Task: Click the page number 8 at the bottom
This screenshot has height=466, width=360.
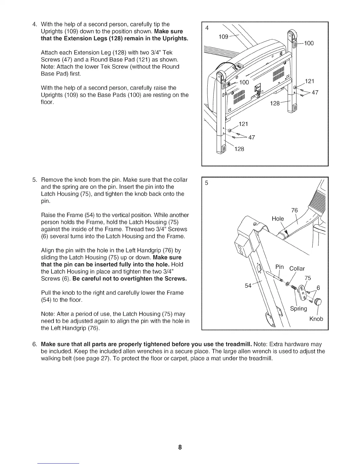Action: (x=180, y=447)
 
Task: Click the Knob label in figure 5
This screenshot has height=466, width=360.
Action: (x=316, y=319)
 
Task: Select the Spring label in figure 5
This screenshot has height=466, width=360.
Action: (x=299, y=309)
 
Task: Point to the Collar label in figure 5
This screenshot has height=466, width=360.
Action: (x=297, y=268)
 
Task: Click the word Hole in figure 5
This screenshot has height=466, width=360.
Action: (x=278, y=219)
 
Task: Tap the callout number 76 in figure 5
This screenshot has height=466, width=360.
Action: (x=294, y=210)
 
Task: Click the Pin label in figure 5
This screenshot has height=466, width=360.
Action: (x=279, y=267)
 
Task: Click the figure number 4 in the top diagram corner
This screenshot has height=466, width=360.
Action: (x=207, y=28)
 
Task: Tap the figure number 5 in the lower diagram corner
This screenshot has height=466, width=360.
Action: (x=206, y=183)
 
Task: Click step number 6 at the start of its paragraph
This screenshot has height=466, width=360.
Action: (x=35, y=344)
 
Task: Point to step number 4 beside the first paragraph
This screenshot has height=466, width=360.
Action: (x=34, y=24)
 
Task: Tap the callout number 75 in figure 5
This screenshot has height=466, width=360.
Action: (x=308, y=278)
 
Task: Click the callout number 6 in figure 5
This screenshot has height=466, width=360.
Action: (x=318, y=288)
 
